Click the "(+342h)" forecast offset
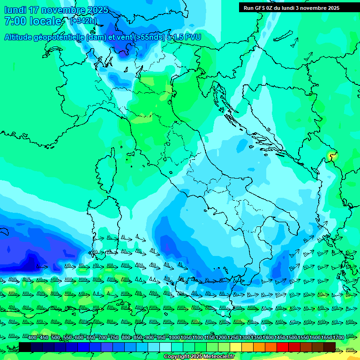pos(83,21)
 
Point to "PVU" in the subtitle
pos(193,37)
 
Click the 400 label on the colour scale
pos(32,337)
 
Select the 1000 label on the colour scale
pos(174,337)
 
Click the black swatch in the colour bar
pos(25,347)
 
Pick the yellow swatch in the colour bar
pos(236,347)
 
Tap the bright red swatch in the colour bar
pos(283,347)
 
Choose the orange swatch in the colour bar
pos(259,347)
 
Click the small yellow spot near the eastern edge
pos(332,156)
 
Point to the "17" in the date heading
pos(34,10)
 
